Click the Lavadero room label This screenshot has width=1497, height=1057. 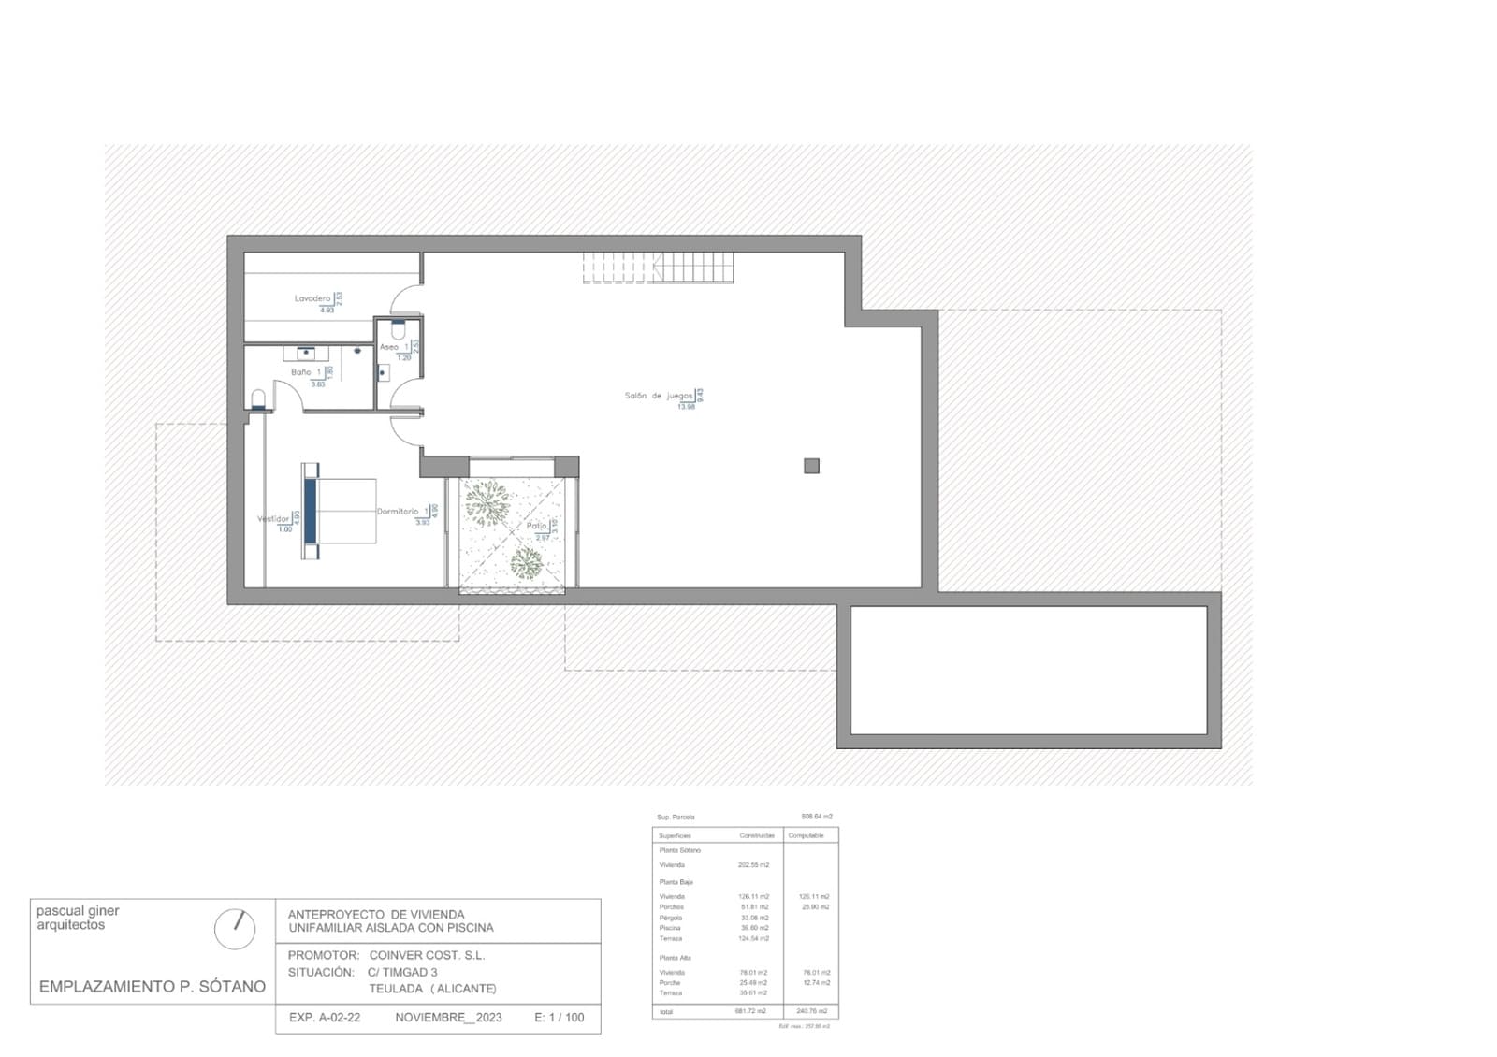click(312, 298)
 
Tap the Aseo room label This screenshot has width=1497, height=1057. click(388, 347)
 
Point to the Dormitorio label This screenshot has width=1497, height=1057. click(398, 512)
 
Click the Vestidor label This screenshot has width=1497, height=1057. click(273, 519)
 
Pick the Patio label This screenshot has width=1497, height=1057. click(536, 526)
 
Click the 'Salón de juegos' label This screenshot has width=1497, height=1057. click(659, 396)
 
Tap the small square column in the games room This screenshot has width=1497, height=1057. click(811, 466)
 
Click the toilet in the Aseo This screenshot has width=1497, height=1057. click(398, 330)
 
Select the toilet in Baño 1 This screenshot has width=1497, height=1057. click(259, 400)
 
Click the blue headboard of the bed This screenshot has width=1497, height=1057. click(310, 511)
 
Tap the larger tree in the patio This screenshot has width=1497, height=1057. click(487, 502)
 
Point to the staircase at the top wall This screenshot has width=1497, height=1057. click(659, 268)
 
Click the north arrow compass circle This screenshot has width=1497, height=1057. click(234, 928)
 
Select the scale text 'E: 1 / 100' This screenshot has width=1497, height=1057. click(559, 1018)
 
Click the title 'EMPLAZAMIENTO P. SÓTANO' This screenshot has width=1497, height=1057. click(153, 987)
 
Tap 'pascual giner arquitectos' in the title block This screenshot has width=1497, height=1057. click(78, 918)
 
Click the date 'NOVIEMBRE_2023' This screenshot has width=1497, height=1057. click(448, 1018)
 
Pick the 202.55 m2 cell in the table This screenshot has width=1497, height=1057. click(753, 865)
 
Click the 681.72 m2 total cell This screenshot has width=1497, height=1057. click(750, 1011)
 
